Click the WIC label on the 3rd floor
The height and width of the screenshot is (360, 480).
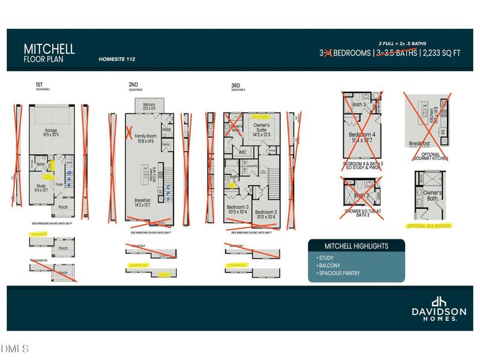(x=243, y=152)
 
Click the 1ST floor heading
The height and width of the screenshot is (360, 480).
(x=39, y=86)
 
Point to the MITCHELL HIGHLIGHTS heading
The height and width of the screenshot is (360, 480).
(x=356, y=246)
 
